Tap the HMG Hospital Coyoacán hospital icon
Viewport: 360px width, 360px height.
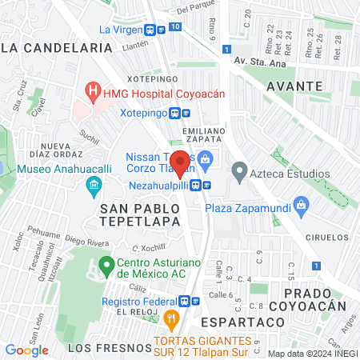coord(94,90)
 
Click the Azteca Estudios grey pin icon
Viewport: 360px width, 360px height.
coord(238,170)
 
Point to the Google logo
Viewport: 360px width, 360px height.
coord(26,350)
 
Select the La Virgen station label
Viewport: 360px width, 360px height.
coord(120,30)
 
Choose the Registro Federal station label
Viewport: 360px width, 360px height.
coord(138,302)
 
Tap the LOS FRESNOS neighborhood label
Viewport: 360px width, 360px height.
coord(98,348)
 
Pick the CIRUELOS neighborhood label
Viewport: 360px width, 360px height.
coord(326,238)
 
